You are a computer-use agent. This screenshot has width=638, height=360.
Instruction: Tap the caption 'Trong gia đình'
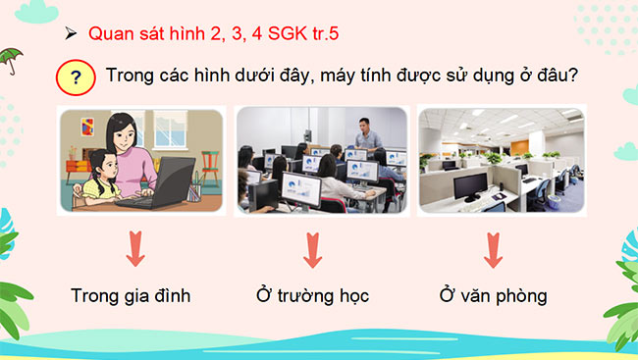[x=131, y=294]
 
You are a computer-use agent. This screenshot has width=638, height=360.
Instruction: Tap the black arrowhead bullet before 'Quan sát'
[x=71, y=32]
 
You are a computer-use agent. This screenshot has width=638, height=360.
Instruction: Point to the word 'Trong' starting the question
[x=129, y=76]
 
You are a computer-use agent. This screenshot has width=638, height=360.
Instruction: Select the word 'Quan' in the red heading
[x=109, y=32]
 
